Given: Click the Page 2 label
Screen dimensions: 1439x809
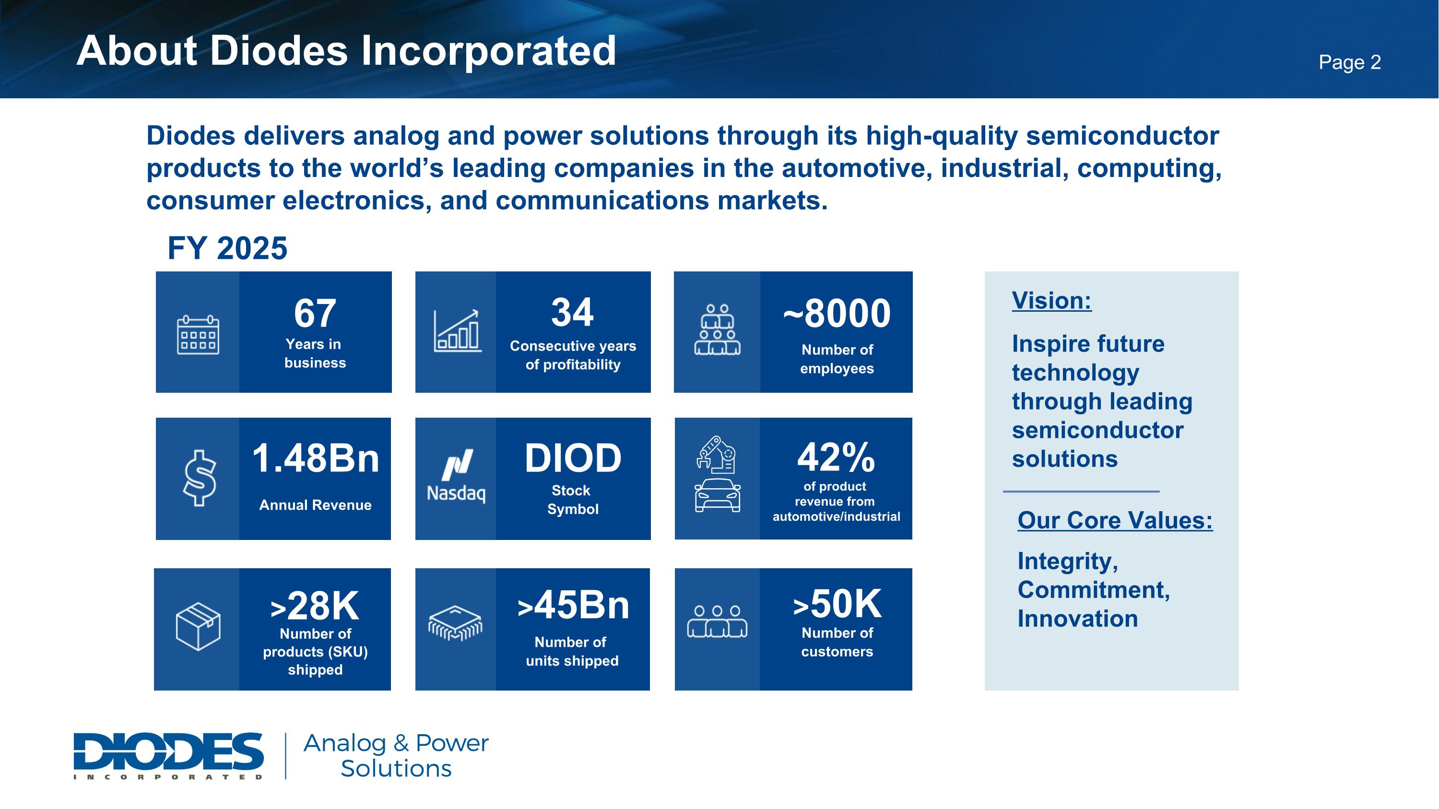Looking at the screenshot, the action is click(1350, 62).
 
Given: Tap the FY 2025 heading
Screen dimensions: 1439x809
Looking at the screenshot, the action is click(227, 248).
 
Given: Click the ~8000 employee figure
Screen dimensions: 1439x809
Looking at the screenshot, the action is click(837, 313).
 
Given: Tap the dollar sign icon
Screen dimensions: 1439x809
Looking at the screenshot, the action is click(200, 478).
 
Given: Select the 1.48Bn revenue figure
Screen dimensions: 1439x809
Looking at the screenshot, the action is click(316, 458).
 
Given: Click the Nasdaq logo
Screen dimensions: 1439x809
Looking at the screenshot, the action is click(456, 476).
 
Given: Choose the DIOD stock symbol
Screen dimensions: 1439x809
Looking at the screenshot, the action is click(573, 458).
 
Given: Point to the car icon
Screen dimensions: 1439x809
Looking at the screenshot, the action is click(718, 495).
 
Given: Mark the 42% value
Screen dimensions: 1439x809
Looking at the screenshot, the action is click(836, 457).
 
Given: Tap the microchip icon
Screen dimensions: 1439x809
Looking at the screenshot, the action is click(455, 623).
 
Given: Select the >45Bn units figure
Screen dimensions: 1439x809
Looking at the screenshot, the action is click(573, 605).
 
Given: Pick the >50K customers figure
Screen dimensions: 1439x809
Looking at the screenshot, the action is click(837, 604).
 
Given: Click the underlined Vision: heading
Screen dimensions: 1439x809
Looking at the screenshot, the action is click(1051, 301).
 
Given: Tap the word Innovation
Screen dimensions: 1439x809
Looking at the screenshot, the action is click(1078, 619).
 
